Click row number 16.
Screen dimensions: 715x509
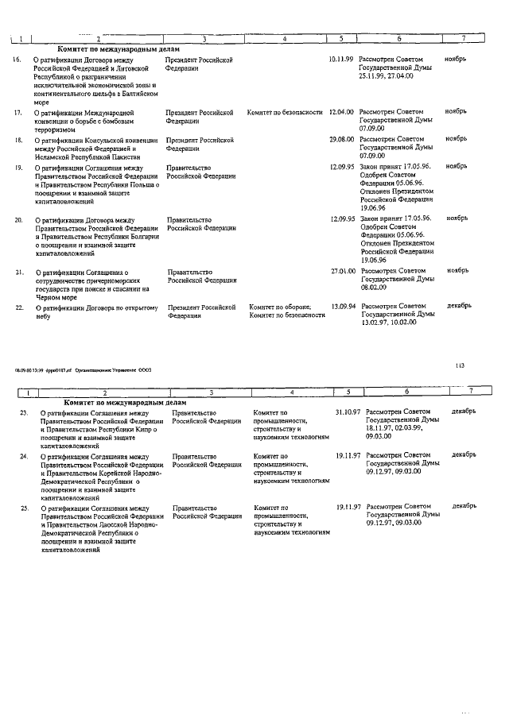tap(17, 60)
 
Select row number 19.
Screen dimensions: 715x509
tap(17, 168)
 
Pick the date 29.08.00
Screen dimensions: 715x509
tap(343, 139)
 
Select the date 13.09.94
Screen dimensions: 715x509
tap(343, 306)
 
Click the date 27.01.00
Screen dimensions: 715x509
tap(343, 271)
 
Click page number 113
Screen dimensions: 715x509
tap(460, 365)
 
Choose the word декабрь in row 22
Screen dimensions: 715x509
tap(459, 305)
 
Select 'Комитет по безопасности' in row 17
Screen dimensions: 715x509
tap(285, 113)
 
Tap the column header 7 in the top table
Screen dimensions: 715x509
tap(463, 38)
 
